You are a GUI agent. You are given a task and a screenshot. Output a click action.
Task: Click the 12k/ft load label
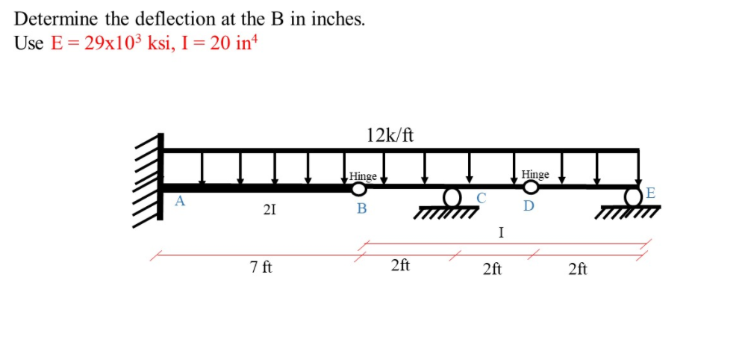(x=390, y=136)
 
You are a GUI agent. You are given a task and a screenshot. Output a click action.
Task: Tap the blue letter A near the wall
(x=180, y=201)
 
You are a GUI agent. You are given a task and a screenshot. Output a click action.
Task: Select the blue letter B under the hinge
(x=362, y=208)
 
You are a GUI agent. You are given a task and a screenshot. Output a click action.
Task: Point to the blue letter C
(x=481, y=198)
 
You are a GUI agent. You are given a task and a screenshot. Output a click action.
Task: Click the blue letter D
(x=529, y=206)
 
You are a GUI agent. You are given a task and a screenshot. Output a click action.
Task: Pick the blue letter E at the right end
(x=650, y=193)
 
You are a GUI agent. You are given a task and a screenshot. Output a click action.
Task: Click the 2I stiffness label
(x=269, y=209)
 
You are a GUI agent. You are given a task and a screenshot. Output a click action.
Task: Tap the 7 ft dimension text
(x=261, y=267)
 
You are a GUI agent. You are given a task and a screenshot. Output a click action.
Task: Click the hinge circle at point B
(x=359, y=189)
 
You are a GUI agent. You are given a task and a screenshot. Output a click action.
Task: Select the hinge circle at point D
(x=532, y=187)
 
